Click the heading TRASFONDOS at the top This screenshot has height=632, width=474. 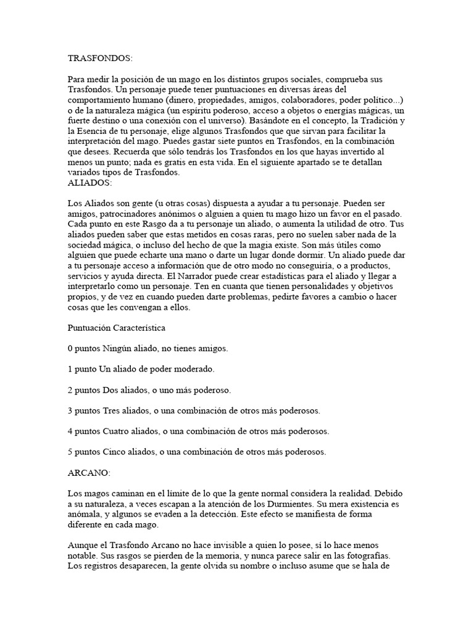pyautogui.click(x=100, y=58)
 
